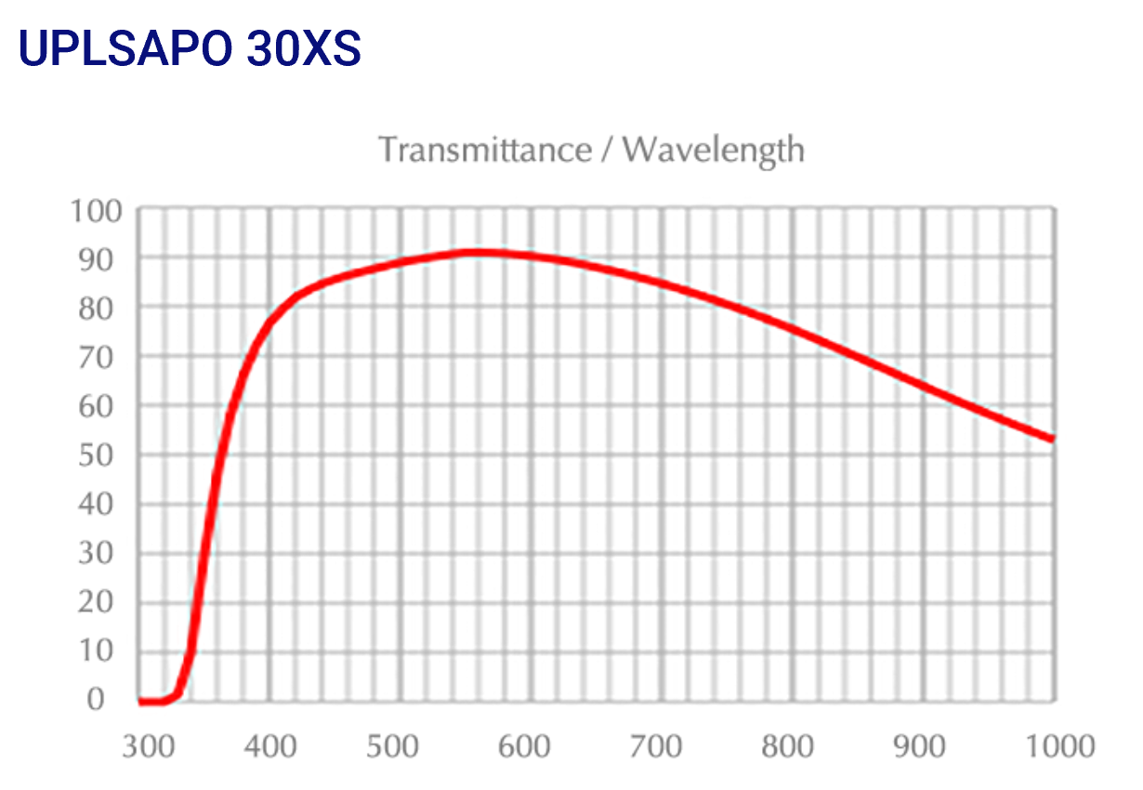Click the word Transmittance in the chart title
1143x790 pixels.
coord(484,150)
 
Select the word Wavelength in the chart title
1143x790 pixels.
coord(714,150)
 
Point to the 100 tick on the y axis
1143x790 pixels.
coord(96,211)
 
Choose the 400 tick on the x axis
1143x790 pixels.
coord(270,746)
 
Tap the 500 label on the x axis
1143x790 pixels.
coord(401,746)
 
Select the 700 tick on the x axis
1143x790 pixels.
coord(663,746)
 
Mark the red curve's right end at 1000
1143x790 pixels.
coord(1053,439)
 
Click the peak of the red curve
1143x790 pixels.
coord(479,252)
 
